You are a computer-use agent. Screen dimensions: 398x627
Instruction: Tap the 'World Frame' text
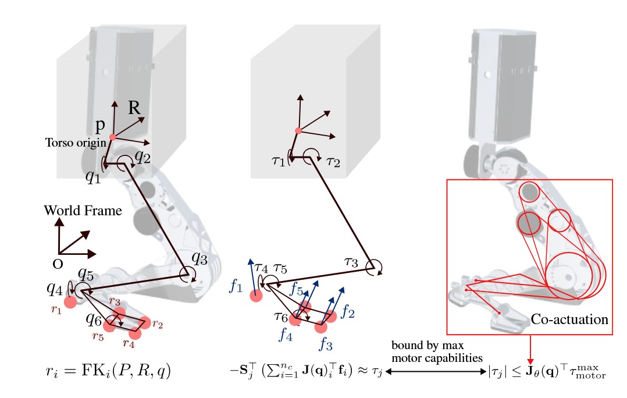click(83, 210)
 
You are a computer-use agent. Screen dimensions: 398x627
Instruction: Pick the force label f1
click(236, 285)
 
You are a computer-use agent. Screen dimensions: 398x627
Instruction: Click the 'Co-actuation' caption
click(569, 319)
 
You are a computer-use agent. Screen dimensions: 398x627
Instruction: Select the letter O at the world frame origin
click(57, 264)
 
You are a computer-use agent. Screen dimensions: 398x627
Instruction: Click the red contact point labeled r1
click(71, 301)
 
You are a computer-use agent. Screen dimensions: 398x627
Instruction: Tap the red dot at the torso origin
click(112, 137)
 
